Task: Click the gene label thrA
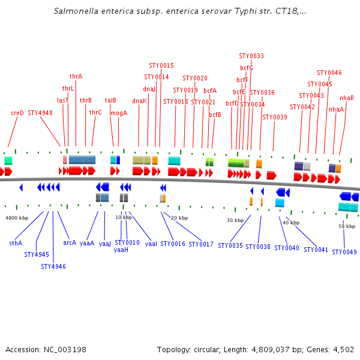pyautogui.click(x=76, y=77)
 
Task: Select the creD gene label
pyautogui.click(x=17, y=113)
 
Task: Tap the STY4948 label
pyautogui.click(x=40, y=113)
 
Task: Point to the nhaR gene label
pyautogui.click(x=347, y=98)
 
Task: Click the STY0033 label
pyautogui.click(x=251, y=56)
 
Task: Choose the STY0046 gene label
pyautogui.click(x=329, y=73)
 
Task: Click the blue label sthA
pyautogui.click(x=16, y=243)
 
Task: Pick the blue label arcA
pyautogui.click(x=70, y=243)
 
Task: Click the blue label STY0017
pyautogui.click(x=201, y=244)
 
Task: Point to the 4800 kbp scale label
pyautogui.click(x=17, y=218)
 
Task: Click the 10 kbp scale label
pyautogui.click(x=124, y=217)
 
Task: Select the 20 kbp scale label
pyautogui.click(x=179, y=218)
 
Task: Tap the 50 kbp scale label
pyautogui.click(x=347, y=226)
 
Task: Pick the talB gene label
pyautogui.click(x=110, y=101)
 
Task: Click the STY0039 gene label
pyautogui.click(x=275, y=117)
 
